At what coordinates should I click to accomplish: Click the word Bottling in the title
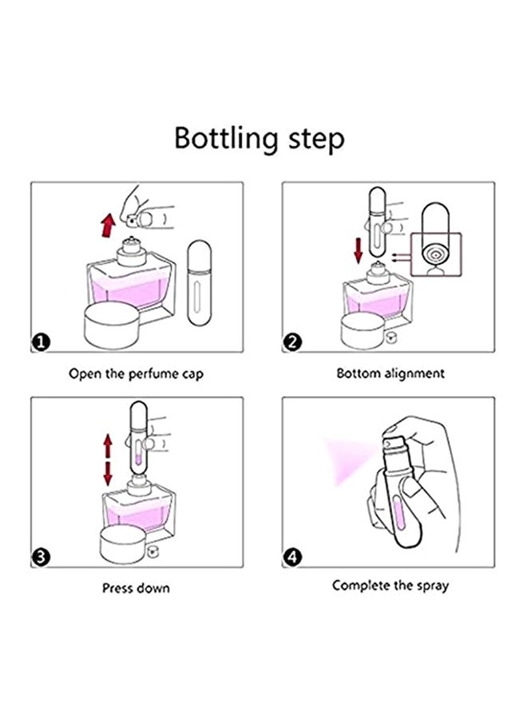[225, 138]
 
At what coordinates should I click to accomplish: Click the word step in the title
[314, 140]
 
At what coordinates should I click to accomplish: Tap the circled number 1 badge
[41, 343]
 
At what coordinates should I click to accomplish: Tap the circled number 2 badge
[293, 343]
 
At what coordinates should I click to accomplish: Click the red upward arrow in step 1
[106, 224]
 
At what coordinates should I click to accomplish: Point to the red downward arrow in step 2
[359, 252]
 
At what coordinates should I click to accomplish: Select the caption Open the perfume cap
[136, 373]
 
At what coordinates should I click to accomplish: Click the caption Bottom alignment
[390, 373]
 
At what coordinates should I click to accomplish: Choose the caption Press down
[136, 588]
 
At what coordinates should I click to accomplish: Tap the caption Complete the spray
[390, 586]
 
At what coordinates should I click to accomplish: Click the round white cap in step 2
[363, 327]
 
